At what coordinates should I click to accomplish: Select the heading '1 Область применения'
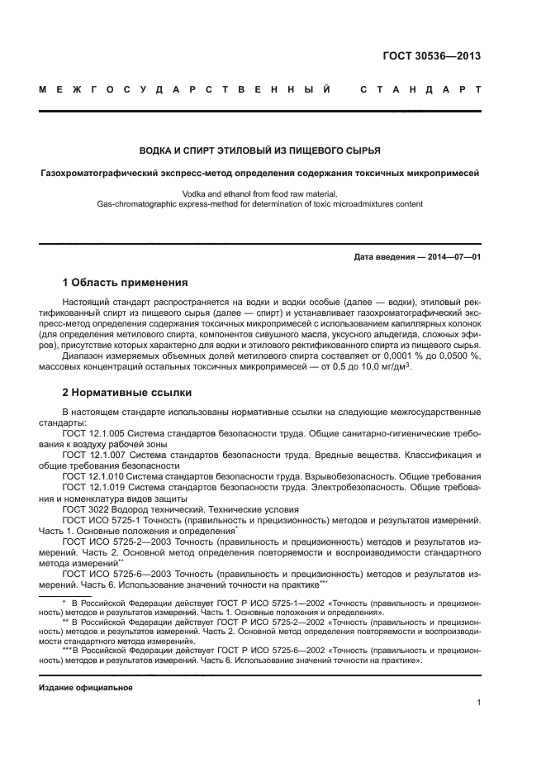click(x=126, y=283)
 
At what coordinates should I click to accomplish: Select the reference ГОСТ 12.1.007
click(x=92, y=455)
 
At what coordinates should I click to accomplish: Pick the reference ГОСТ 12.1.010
click(x=92, y=477)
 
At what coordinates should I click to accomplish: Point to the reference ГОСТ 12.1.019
click(x=92, y=488)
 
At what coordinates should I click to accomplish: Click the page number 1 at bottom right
click(x=478, y=704)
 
